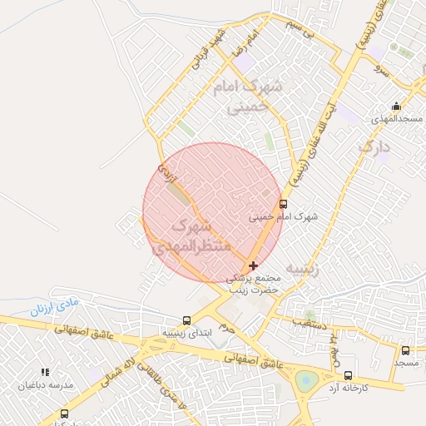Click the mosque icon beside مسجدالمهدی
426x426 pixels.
click(x=396, y=106)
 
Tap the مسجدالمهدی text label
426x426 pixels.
click(x=395, y=120)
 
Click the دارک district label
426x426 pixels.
click(x=374, y=148)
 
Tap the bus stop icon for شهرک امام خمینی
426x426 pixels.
click(x=284, y=203)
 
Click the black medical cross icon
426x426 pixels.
click(x=254, y=265)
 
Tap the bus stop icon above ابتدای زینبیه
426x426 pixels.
click(x=186, y=319)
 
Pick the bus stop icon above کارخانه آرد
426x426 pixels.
click(x=348, y=375)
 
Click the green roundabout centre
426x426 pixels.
click(x=306, y=381)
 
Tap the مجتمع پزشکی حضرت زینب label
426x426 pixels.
click(x=255, y=283)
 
